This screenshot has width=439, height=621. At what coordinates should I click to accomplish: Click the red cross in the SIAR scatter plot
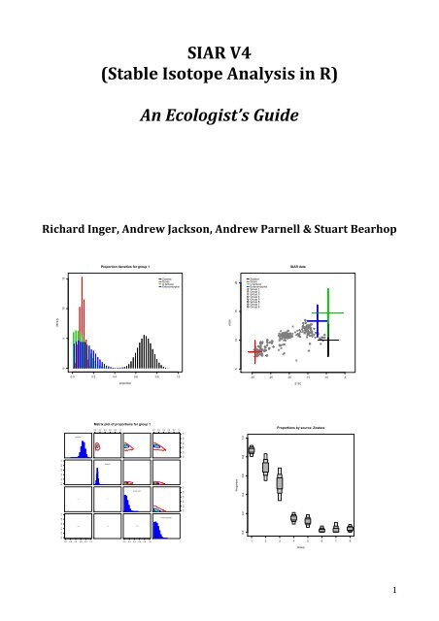255,348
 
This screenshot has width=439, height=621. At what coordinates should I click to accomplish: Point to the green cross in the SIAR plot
329,312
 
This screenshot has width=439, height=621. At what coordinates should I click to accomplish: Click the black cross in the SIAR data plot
331,341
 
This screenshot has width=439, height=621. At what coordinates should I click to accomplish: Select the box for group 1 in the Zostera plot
252,451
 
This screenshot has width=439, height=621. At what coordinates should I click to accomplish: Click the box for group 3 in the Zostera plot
280,483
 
